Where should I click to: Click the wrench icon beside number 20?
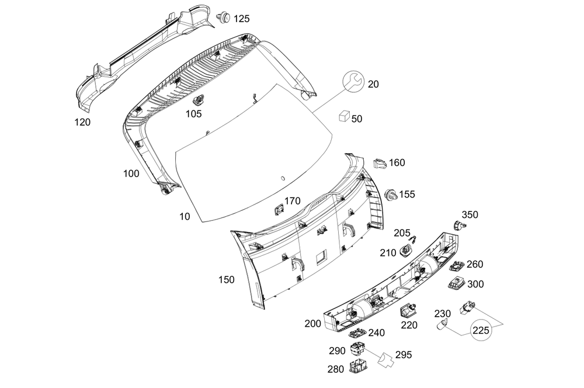pos(352,82)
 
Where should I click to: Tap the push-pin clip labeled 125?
pos(223,18)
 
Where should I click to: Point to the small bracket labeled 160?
pos(380,162)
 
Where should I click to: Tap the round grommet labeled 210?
pos(406,252)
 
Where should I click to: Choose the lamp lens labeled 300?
pos(456,284)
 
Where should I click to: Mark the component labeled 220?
pos(408,310)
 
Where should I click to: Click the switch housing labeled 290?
pos(357,350)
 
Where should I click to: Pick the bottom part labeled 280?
pos(357,368)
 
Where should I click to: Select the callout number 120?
pos(82,123)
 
